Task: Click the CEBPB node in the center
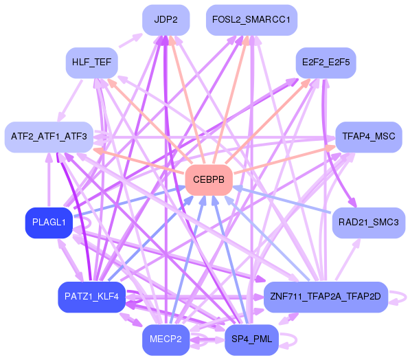coord(209,180)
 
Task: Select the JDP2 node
coord(166,20)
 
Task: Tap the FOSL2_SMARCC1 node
coord(251,20)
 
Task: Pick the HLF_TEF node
coord(92,63)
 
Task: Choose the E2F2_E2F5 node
coord(326,63)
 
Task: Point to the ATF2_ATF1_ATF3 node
coord(49,137)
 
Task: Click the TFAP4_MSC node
coord(369,137)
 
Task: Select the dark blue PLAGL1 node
coord(49,223)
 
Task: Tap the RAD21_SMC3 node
coord(369,223)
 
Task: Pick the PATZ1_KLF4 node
coord(92,297)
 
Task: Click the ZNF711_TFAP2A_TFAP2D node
coord(326,297)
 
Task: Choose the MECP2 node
coord(166,340)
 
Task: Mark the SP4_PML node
coord(251,340)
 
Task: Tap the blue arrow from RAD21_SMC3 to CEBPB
coord(282,199)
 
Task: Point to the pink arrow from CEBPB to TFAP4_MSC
coord(285,159)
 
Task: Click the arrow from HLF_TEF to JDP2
coord(130,41)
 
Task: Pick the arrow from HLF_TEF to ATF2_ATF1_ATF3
coord(70,101)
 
